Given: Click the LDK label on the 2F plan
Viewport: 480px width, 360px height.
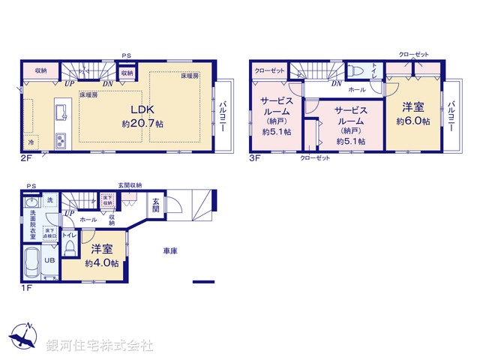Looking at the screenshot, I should [138, 107].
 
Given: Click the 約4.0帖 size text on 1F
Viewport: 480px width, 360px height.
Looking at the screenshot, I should [101, 263].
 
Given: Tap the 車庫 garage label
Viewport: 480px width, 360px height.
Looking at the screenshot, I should [169, 250].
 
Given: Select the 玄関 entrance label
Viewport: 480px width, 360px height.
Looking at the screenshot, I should [154, 205].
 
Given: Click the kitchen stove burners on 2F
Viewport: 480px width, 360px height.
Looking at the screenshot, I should [60, 140].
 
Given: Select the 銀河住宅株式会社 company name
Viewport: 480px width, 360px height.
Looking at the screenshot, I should [100, 346].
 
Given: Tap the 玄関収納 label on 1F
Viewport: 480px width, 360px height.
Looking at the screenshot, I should [130, 185].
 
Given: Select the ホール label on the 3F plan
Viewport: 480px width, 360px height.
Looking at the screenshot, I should [357, 89].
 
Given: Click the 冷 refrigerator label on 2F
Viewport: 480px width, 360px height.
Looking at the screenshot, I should [31, 142].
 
